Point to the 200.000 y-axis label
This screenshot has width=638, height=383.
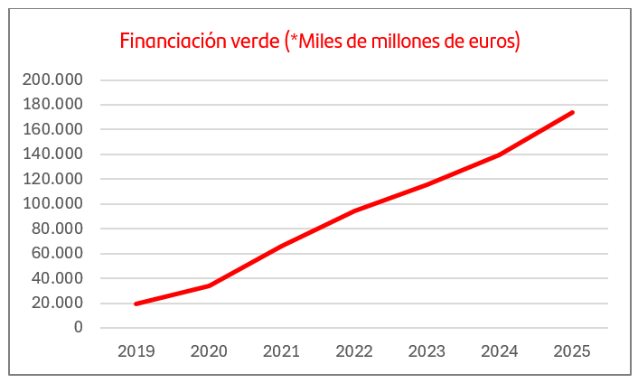tap(52, 79)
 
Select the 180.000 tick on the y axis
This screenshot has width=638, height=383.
tap(52, 105)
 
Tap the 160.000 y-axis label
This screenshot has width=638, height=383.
tap(52, 129)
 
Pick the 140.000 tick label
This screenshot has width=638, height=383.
tap(52, 154)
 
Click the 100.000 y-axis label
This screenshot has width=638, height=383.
tap(52, 204)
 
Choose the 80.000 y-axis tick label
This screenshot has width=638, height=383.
tap(56, 229)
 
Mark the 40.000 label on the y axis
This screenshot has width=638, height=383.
tap(56, 278)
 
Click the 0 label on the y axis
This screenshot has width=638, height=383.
tap(79, 327)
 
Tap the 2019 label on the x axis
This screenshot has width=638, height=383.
tap(136, 351)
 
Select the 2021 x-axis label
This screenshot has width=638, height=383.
tap(281, 351)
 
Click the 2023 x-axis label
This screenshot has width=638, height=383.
tap(427, 351)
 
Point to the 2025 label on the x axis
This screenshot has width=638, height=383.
tap(572, 351)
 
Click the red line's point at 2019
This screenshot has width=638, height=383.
tap(136, 304)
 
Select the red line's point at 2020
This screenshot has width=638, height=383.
tap(209, 285)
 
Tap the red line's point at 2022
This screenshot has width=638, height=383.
tap(354, 211)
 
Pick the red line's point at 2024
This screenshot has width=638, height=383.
tap(500, 154)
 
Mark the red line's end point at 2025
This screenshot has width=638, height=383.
tap(572, 112)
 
